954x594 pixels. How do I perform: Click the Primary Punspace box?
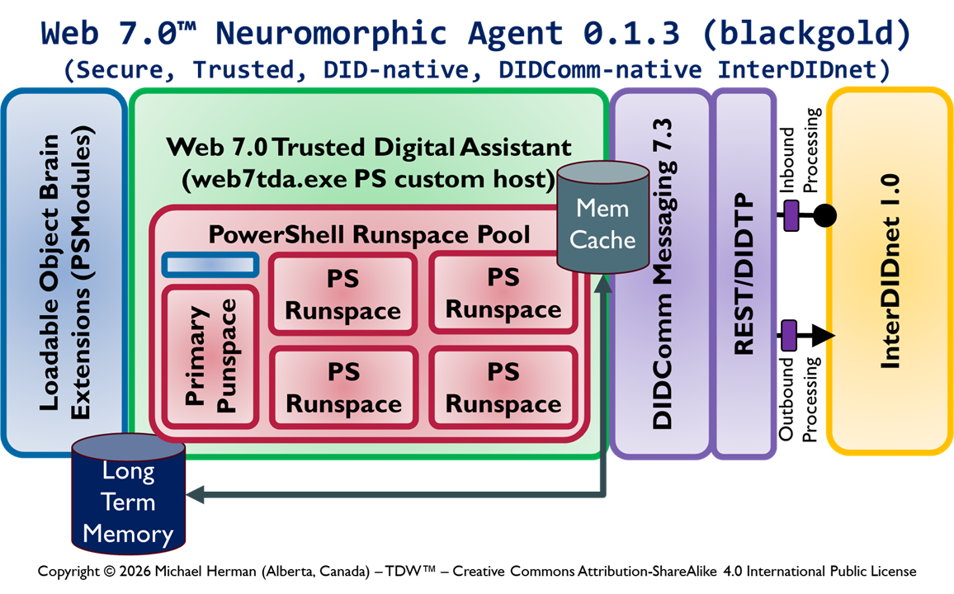point(210,356)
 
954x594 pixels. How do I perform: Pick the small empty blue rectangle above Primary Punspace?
point(210,264)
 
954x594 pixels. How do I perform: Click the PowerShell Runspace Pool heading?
point(369,234)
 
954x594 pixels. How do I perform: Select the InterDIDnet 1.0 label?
point(891,272)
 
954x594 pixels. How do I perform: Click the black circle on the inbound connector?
point(824,216)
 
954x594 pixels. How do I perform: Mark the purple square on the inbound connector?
point(790,216)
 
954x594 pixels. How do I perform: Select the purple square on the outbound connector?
point(790,335)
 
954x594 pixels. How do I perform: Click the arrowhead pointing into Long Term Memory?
point(196,494)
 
